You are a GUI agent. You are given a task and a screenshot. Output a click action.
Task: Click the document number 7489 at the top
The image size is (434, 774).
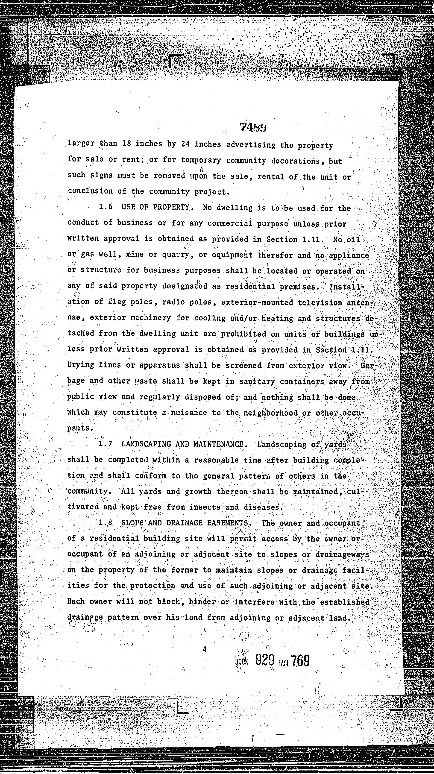(x=253, y=127)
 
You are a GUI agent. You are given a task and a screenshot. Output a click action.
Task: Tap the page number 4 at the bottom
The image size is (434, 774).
(x=204, y=649)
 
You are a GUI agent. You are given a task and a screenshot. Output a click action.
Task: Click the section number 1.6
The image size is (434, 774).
(x=106, y=207)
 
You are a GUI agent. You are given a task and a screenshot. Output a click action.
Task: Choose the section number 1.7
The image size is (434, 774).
(x=106, y=444)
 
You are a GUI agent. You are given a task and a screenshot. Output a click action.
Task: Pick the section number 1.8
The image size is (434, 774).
(x=106, y=522)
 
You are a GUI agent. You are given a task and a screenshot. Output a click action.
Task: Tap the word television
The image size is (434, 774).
(x=320, y=302)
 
